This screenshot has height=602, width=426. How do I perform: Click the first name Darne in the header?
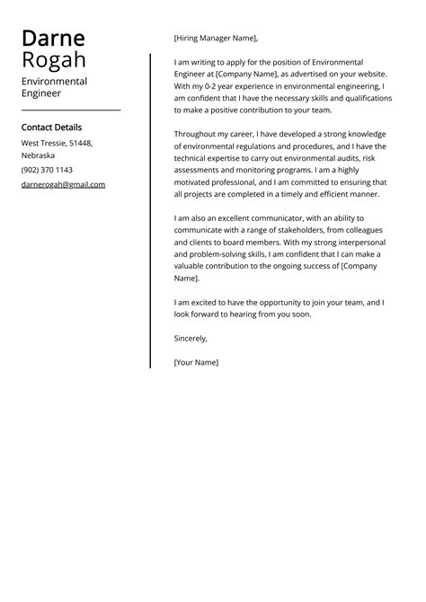[53, 38]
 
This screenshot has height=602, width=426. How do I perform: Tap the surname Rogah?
[55, 60]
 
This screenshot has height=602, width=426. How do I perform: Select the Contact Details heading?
[51, 128]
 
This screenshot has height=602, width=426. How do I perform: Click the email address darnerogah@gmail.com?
[63, 184]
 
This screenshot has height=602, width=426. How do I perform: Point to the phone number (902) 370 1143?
[47, 170]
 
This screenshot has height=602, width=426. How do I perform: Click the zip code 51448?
[79, 143]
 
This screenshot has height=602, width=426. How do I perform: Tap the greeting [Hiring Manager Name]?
[216, 38]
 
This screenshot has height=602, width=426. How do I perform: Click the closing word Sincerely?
[191, 338]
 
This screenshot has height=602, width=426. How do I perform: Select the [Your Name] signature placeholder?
[196, 362]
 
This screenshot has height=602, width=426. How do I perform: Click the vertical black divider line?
[150, 211]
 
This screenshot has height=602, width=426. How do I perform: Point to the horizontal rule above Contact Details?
[70, 110]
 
